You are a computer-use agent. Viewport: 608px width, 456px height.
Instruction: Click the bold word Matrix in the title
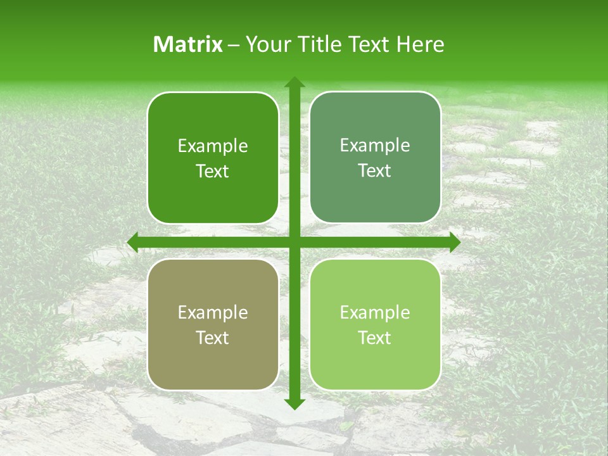point(188,44)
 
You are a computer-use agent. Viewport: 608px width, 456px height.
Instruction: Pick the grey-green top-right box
point(375,196)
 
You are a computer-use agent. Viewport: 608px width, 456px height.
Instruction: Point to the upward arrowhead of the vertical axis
point(294,83)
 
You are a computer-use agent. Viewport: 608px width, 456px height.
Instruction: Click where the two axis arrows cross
point(294,242)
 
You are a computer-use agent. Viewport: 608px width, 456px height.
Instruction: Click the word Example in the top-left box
point(213,146)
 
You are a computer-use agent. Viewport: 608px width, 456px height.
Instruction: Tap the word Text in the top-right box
point(375,171)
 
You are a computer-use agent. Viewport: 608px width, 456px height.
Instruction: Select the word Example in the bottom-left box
point(213,313)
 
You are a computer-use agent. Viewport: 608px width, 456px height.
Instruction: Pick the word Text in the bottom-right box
point(375,338)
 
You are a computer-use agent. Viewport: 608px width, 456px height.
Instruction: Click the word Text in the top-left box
point(213,172)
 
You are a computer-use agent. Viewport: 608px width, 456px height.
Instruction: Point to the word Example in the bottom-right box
point(375,312)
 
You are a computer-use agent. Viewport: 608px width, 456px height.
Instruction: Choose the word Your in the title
point(265,44)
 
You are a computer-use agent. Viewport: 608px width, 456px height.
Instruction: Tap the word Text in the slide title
point(368,44)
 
